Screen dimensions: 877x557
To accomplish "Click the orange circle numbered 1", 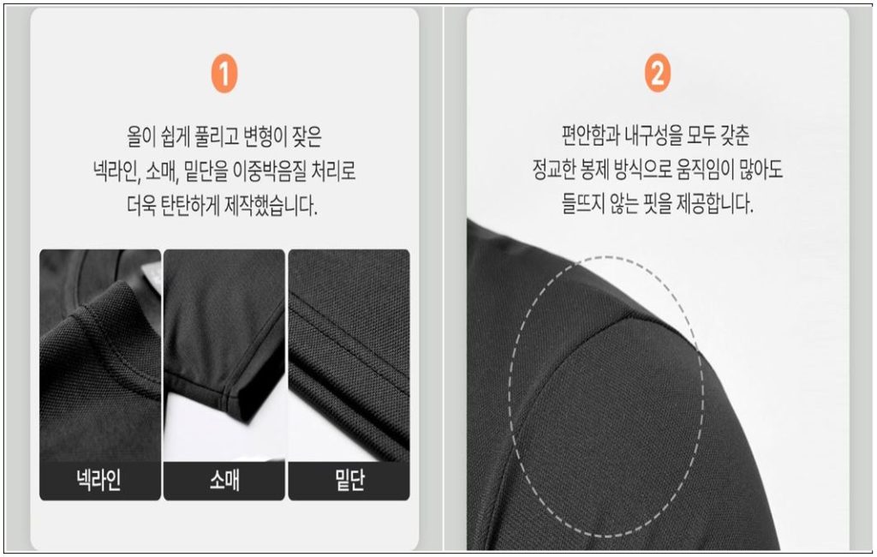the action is pyautogui.click(x=224, y=74).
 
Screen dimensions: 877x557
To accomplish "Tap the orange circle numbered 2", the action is pyautogui.click(x=658, y=73).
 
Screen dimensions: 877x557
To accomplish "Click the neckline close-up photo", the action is pyautogui.click(x=100, y=356).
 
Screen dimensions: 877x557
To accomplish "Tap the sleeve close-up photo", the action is pyautogui.click(x=224, y=356).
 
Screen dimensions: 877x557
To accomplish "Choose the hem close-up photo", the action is pyautogui.click(x=349, y=356).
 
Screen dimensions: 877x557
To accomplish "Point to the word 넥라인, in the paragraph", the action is pyautogui.click(x=116, y=171).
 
